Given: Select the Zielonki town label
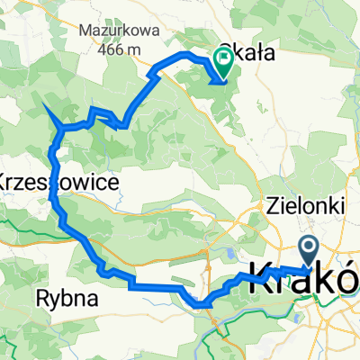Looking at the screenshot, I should [x=308, y=206].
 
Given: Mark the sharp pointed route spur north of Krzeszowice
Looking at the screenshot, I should [x=46, y=107].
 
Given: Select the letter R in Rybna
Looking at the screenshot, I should [x=40, y=295].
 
